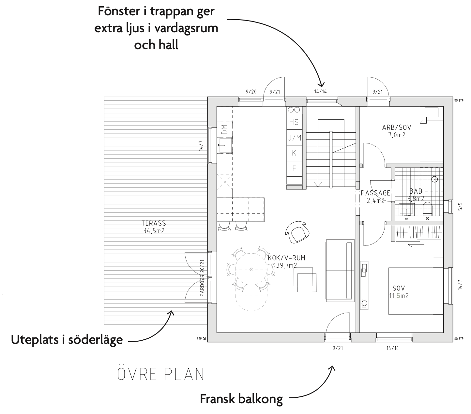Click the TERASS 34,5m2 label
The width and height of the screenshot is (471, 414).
[154, 227]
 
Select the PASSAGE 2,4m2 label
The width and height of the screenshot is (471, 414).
[375, 197]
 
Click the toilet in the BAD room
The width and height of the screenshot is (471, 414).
[428, 208]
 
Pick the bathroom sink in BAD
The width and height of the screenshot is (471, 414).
[406, 209]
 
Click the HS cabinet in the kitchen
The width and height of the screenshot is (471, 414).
[294, 122]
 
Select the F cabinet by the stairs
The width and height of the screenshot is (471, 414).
[294, 169]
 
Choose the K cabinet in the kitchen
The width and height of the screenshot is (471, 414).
[294, 153]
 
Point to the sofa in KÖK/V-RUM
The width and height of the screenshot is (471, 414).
[340, 271]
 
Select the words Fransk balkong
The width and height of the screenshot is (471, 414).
[241, 399]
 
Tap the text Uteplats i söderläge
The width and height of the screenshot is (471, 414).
[67, 340]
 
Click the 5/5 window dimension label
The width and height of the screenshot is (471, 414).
[460, 207]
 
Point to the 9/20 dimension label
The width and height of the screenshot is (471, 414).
[251, 92]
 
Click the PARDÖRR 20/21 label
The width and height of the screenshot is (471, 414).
[202, 278]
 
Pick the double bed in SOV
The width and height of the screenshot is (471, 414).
[416, 291]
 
